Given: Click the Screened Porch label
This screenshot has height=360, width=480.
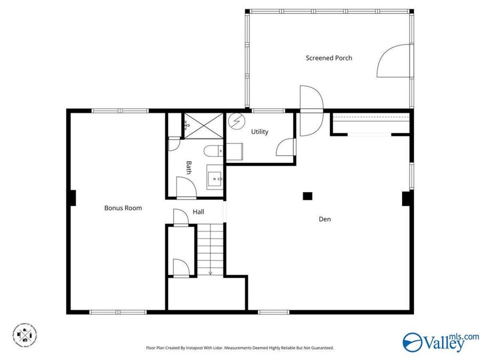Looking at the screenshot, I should [329, 58].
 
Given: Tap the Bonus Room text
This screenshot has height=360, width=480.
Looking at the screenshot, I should [123, 208].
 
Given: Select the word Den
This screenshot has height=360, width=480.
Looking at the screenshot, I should [324, 219].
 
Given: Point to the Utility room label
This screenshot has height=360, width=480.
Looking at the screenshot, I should [260, 132].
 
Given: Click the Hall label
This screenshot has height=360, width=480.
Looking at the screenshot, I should [198, 212].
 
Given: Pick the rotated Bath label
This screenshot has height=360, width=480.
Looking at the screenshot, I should [188, 167].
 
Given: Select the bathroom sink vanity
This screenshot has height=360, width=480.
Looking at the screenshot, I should [214, 177].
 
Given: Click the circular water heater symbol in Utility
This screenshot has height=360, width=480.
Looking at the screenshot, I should [235, 122].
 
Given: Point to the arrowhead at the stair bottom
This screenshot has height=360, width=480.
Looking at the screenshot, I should [210, 273].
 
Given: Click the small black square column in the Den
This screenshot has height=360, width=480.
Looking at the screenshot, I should [307, 196].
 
